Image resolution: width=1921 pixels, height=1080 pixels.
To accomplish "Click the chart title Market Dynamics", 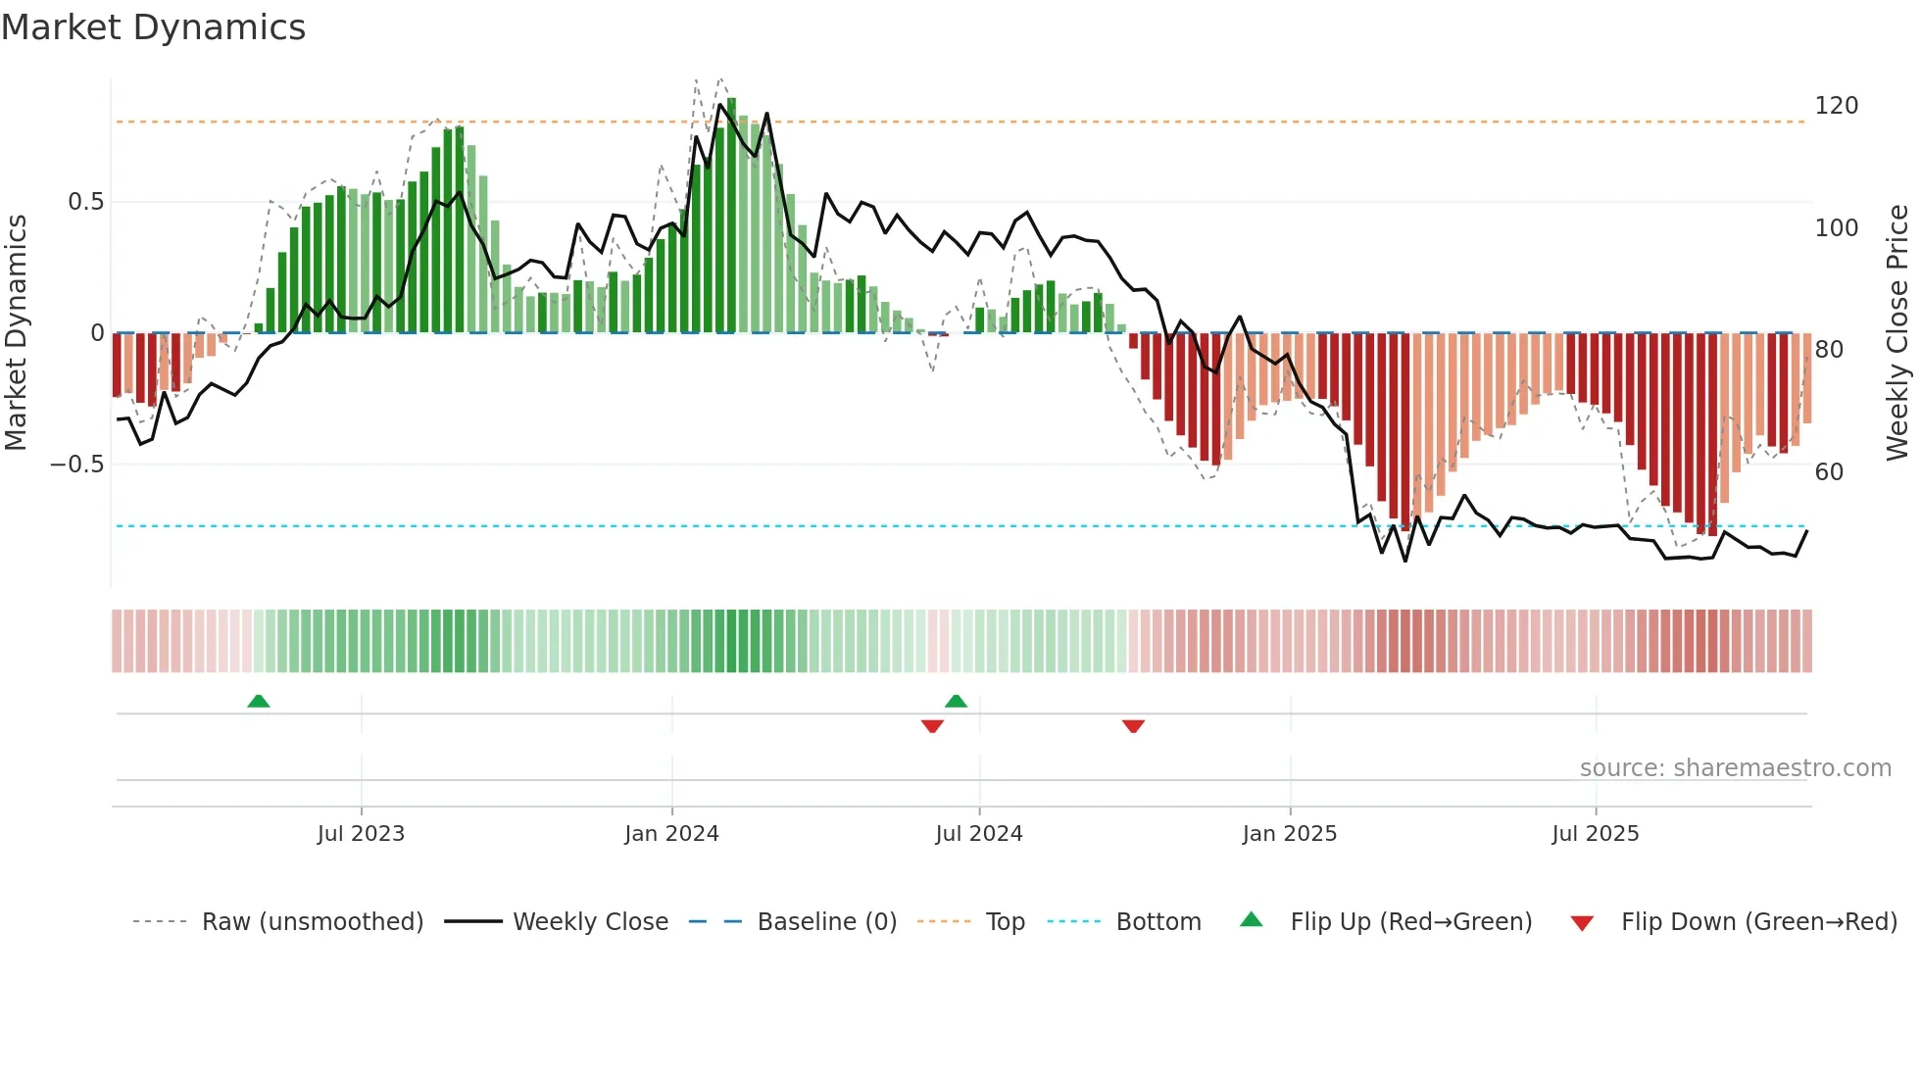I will click(x=153, y=27).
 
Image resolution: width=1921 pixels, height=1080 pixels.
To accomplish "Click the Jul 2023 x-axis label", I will click(x=361, y=833).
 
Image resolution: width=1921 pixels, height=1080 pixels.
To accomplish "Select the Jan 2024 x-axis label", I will click(x=671, y=833).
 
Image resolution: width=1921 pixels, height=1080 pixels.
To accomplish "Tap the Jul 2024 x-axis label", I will click(x=978, y=833).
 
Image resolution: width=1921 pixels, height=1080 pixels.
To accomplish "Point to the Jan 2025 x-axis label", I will click(x=1289, y=833).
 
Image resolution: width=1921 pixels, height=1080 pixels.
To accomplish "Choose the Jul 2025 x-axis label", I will click(x=1595, y=833).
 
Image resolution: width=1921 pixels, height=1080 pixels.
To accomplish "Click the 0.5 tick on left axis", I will click(x=85, y=202).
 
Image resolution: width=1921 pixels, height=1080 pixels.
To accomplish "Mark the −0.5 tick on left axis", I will click(x=76, y=464).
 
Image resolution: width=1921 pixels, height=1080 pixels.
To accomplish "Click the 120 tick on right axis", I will click(x=1836, y=106).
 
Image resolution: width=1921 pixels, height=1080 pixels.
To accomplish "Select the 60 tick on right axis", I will click(x=1829, y=472).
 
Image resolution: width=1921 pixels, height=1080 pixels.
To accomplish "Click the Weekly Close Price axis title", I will click(x=1897, y=333).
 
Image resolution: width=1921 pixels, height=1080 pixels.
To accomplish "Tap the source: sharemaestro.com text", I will click(x=1735, y=767).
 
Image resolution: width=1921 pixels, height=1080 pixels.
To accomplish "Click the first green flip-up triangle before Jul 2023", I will click(x=258, y=701).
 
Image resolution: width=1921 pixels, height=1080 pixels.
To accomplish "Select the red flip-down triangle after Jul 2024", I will click(x=1133, y=726).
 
